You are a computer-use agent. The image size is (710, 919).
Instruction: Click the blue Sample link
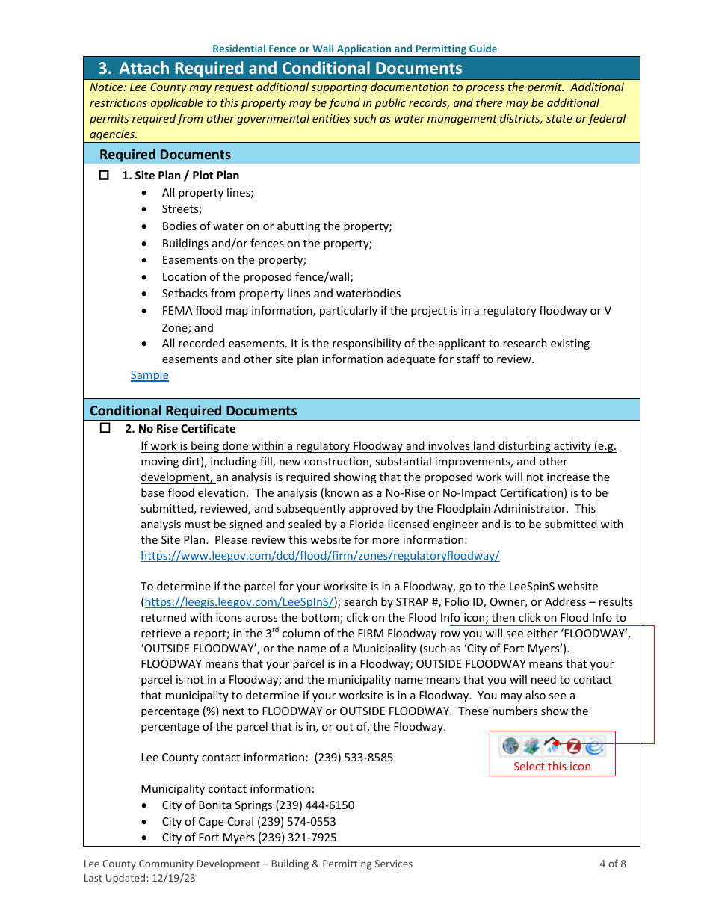(x=149, y=375)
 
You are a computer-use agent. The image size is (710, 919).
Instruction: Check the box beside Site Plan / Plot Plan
(x=105, y=176)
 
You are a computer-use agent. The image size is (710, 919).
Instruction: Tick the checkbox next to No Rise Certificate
(x=105, y=429)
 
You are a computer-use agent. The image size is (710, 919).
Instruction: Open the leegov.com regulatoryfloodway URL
(x=320, y=556)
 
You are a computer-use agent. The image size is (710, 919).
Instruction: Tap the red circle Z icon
(x=573, y=746)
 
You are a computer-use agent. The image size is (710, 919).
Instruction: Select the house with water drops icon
(x=552, y=746)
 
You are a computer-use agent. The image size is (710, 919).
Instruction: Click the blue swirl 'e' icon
(x=594, y=746)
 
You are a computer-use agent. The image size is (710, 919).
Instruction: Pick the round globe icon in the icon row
(x=510, y=746)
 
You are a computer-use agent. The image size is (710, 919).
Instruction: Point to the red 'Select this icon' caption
(x=552, y=767)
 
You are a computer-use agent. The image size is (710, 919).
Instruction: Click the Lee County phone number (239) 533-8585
(x=354, y=758)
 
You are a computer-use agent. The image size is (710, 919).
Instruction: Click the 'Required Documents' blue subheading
(x=165, y=155)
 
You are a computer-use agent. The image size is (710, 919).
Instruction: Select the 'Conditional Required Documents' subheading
(x=193, y=411)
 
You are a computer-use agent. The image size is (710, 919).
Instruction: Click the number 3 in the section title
(x=105, y=69)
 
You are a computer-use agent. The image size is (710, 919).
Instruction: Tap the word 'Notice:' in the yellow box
(x=108, y=87)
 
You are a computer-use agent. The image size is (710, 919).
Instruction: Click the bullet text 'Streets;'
(x=182, y=209)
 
